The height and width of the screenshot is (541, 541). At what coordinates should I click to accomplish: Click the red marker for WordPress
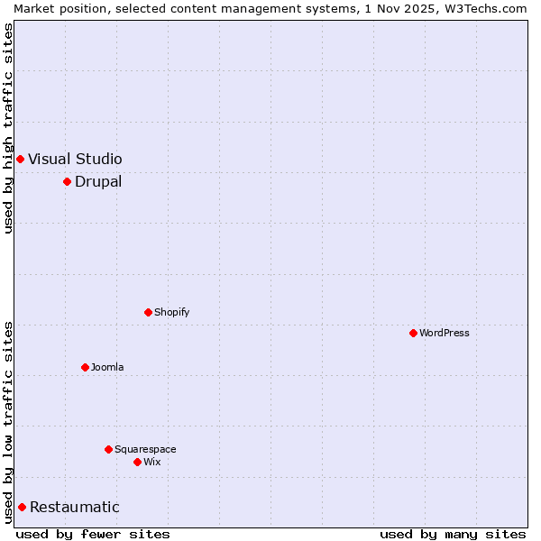[x=413, y=333]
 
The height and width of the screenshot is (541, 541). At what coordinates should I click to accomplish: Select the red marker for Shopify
[x=148, y=312]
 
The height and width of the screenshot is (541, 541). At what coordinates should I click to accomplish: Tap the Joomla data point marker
[x=85, y=367]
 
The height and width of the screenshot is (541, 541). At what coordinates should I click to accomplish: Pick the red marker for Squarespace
[x=108, y=449]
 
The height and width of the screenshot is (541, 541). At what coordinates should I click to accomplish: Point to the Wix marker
[x=137, y=462]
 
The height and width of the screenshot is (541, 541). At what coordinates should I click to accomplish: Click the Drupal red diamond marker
[x=67, y=181]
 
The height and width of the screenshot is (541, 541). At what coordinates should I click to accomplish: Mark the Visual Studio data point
[x=20, y=159]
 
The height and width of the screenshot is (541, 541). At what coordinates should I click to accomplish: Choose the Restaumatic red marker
[x=22, y=507]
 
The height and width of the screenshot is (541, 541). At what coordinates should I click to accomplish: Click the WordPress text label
[x=445, y=333]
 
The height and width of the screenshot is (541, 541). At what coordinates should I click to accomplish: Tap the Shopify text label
[x=171, y=312]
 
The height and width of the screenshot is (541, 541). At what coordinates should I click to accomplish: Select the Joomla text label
[x=107, y=367]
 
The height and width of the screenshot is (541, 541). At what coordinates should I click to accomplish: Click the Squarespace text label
[x=145, y=449]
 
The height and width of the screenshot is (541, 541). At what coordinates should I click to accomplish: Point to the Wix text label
[x=151, y=462]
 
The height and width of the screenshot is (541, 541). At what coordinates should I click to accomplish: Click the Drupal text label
[x=98, y=181]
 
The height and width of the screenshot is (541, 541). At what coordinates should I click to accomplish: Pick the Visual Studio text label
[x=75, y=159]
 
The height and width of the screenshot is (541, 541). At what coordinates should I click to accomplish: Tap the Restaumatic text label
[x=74, y=507]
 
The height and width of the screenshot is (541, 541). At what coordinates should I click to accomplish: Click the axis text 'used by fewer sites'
[x=93, y=534]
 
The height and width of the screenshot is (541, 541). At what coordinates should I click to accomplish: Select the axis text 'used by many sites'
[x=453, y=534]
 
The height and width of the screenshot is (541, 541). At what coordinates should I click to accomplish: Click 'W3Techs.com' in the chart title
[x=491, y=8]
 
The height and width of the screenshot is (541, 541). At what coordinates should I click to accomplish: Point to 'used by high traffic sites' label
[x=8, y=128]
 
